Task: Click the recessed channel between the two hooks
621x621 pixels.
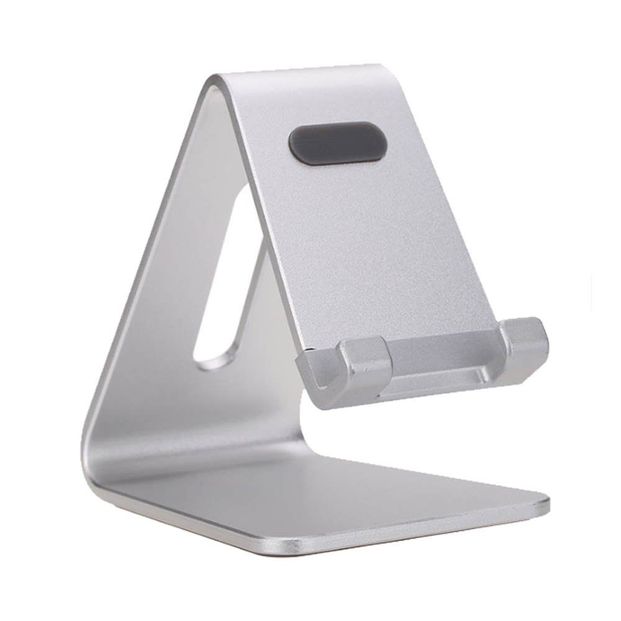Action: pos(444,366)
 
